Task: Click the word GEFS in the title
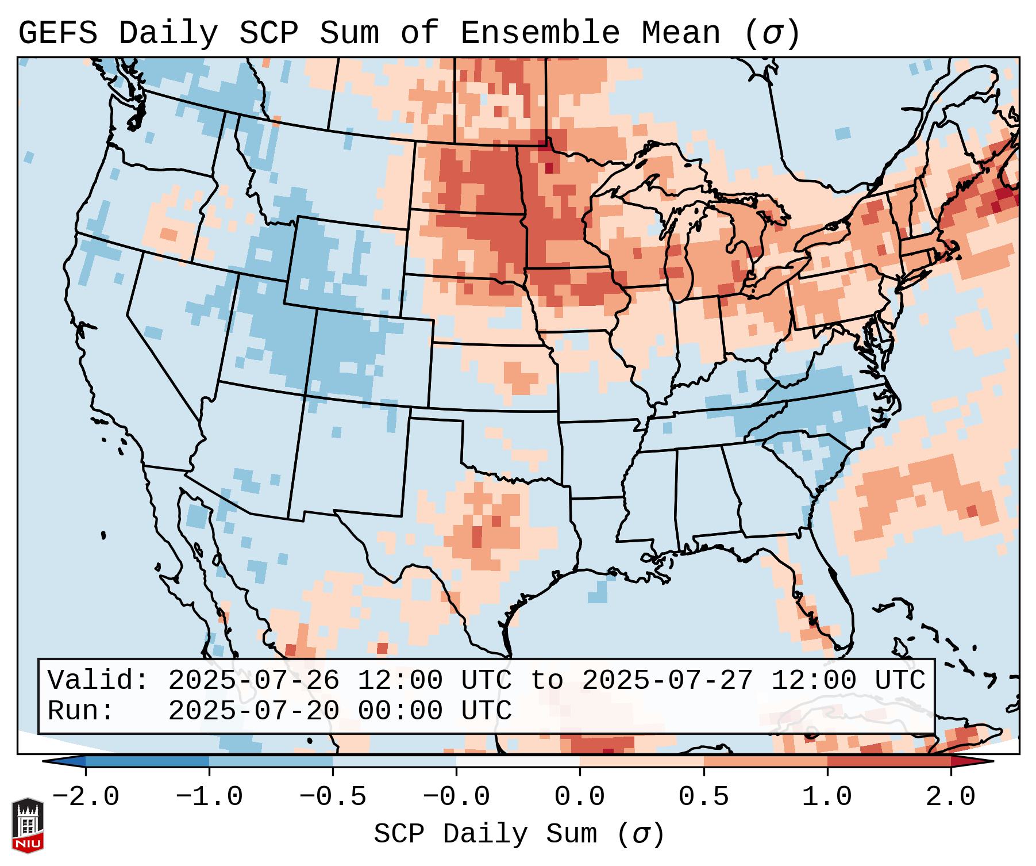coord(58,33)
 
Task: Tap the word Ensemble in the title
coord(540,33)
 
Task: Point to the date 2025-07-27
coord(667,680)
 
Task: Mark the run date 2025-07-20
coord(253,711)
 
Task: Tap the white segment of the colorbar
coord(518,761)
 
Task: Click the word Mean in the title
coord(681,33)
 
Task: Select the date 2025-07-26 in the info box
coord(253,680)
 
